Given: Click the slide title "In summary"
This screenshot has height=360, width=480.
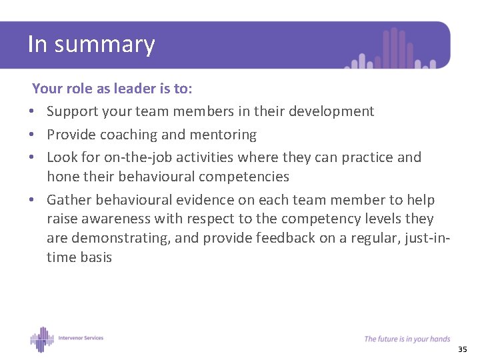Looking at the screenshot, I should pos(91,44).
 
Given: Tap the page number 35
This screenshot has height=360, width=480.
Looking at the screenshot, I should pos(463,350).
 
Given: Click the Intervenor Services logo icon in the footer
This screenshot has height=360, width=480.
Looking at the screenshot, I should pos(42,339).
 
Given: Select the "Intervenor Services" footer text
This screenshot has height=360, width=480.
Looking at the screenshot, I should pos(80,338).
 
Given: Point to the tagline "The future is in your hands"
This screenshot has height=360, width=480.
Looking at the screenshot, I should pos(407,339).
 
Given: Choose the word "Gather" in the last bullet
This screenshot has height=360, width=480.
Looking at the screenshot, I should pos(69,200).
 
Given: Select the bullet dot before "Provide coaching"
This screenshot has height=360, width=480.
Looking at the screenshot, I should pos(32,135).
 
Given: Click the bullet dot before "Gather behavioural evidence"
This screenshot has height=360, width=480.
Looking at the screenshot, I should pos(32,200).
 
